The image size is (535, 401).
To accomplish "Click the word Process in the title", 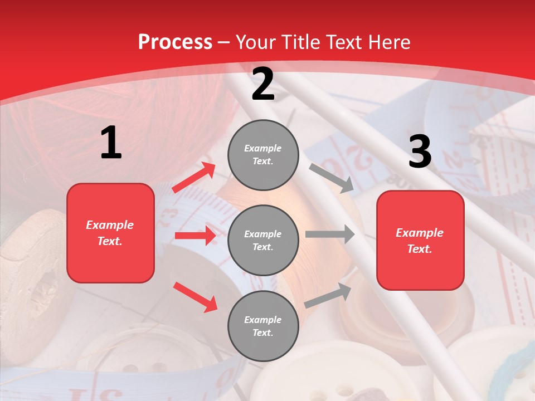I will tap(175, 42).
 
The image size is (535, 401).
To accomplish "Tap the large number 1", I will tap(111, 143).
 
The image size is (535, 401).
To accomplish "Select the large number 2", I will tap(263, 84).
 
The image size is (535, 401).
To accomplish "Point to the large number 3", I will tap(420, 151).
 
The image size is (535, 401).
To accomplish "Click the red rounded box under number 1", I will tap(110, 233).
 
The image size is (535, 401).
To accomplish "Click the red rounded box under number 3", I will tap(420, 240).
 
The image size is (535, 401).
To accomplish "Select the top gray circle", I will tap(263, 155).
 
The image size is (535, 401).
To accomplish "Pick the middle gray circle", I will tap(263, 240).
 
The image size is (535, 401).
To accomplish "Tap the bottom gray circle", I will tap(263, 326).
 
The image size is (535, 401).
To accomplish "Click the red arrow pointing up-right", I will tap(194, 178).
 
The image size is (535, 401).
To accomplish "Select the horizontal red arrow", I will tap(195, 236).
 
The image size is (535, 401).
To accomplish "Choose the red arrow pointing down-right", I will tap(196, 297).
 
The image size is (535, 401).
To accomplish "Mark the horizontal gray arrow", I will tap(330, 234).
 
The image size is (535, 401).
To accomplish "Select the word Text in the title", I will tap(344, 42).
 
